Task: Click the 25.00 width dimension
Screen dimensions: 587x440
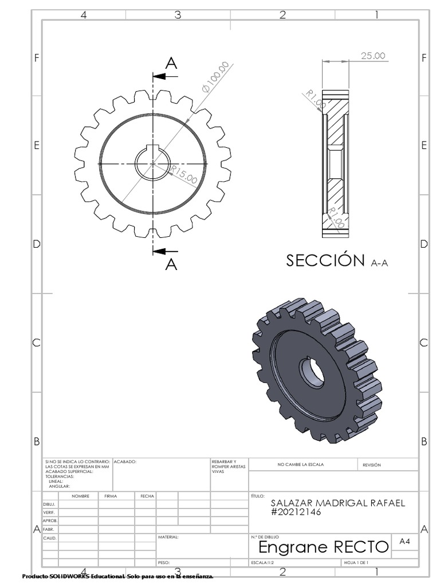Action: (373, 56)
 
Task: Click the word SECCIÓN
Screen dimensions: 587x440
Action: (325, 261)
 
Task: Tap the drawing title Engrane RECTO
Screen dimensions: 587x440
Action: (324, 547)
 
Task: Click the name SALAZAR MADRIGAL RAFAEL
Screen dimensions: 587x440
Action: (337, 503)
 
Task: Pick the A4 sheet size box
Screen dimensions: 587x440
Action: (404, 541)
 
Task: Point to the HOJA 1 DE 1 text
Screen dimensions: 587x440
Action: (356, 563)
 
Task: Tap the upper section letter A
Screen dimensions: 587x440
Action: (171, 64)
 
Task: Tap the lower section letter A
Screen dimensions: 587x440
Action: (171, 264)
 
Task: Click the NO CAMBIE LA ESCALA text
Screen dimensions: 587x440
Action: (300, 465)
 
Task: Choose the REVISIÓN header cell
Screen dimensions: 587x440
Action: (371, 465)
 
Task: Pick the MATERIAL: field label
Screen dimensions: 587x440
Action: (168, 538)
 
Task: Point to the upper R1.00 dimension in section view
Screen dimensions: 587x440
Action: (316, 99)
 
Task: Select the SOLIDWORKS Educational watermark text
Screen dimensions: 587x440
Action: (117, 576)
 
